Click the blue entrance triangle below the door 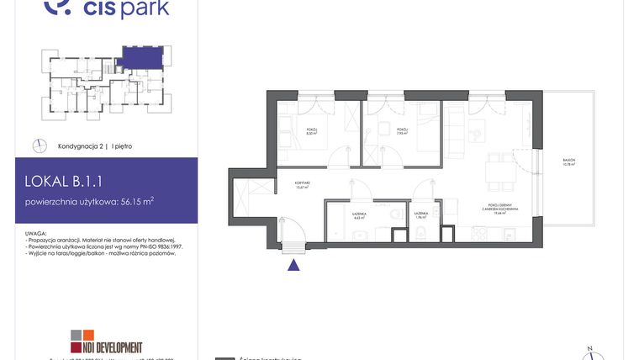click(293, 266)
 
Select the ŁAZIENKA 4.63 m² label click(358, 216)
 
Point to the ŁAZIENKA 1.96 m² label click(421, 216)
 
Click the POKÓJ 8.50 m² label click(309, 131)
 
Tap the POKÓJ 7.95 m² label click(402, 131)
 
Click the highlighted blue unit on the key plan click(136, 57)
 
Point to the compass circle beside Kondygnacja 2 click(39, 146)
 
